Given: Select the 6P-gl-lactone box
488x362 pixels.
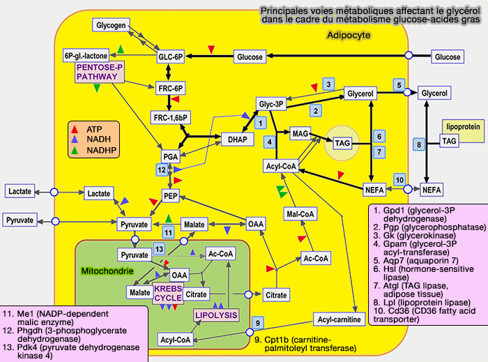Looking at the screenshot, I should [x=84, y=56].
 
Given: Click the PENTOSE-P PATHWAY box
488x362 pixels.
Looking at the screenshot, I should [x=99, y=72].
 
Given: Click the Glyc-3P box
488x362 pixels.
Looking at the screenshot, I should [x=271, y=105].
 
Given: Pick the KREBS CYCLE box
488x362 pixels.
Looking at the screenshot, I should [x=168, y=292].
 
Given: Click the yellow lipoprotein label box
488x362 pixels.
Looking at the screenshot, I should [x=462, y=127].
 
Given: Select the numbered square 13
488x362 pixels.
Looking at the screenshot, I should [x=160, y=249].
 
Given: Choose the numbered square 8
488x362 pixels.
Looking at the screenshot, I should [x=420, y=144].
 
